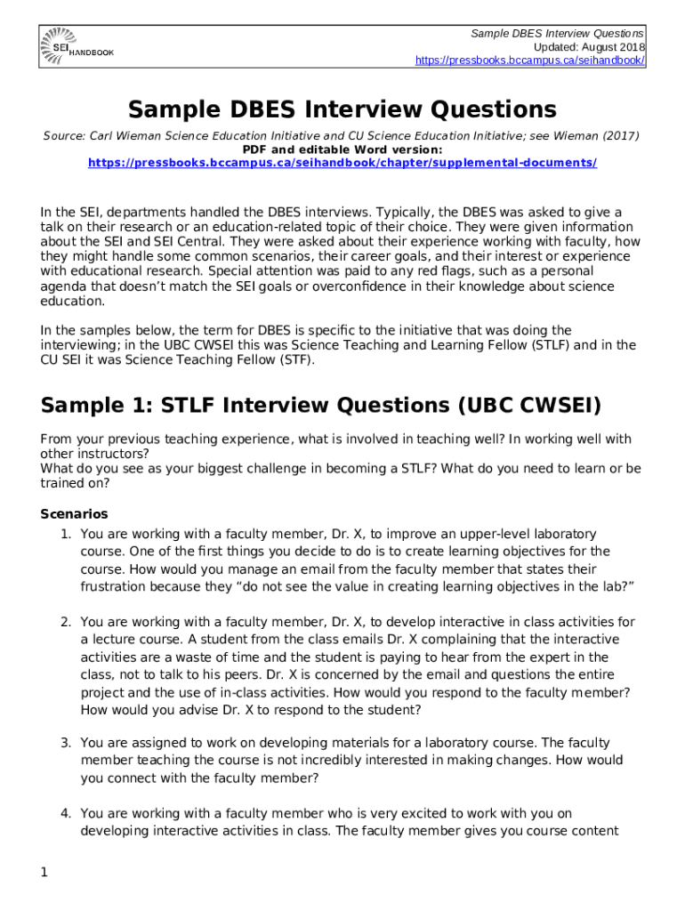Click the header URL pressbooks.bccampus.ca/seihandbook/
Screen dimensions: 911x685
coord(530,60)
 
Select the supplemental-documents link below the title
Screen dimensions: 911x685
coord(342,164)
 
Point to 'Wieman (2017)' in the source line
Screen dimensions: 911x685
coord(598,136)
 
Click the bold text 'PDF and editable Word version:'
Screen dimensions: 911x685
coord(342,149)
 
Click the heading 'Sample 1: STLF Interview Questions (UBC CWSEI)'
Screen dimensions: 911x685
coord(321,406)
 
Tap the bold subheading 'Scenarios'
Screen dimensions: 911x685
coord(75,513)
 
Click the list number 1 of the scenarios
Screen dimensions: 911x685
coord(65,534)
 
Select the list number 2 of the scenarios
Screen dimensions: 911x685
coord(65,622)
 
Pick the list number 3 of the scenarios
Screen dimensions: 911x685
coord(65,742)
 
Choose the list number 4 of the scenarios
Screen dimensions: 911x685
coord(65,813)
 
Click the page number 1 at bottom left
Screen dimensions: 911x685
coord(44,873)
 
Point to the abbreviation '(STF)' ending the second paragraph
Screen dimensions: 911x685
coord(295,360)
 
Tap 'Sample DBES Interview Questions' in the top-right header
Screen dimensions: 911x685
coord(558,33)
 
